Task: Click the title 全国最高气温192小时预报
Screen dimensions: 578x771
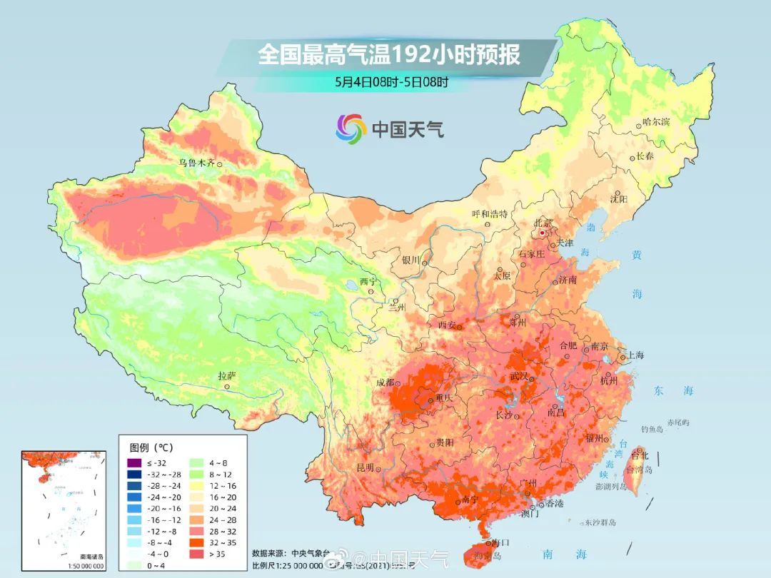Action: point(389,55)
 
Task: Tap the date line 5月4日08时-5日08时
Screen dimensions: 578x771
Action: point(392,82)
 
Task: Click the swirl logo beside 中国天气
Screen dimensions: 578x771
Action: point(351,128)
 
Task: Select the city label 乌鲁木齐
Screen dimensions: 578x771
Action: point(196,163)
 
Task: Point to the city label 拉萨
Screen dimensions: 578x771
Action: point(227,376)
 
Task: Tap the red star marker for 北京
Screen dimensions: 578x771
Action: point(543,233)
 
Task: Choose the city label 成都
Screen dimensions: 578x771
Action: point(385,382)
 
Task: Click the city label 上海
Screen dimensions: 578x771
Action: point(635,355)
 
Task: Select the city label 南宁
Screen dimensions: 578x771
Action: point(450,500)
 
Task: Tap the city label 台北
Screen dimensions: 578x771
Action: point(640,455)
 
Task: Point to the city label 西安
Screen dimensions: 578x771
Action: point(447,325)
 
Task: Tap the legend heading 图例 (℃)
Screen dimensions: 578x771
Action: point(151,447)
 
